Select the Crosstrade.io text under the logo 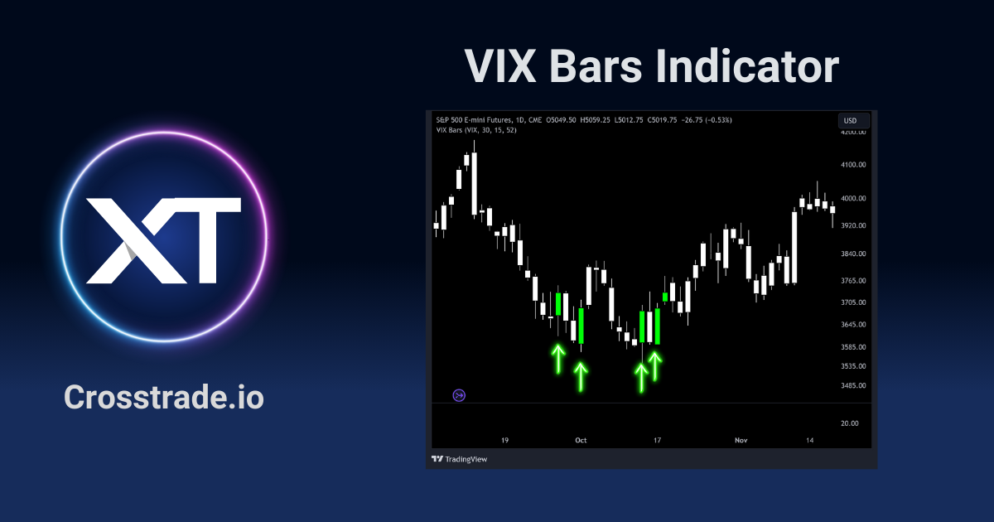pyautogui.click(x=164, y=398)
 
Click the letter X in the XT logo pyautogui.click(x=124, y=240)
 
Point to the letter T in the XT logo pyautogui.click(x=203, y=240)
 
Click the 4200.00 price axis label pyautogui.click(x=852, y=133)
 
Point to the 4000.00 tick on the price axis pyautogui.click(x=852, y=199)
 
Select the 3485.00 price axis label pyautogui.click(x=852, y=386)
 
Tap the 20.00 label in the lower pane pyautogui.click(x=849, y=423)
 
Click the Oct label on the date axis pyautogui.click(x=581, y=441)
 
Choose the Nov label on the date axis pyautogui.click(x=741, y=441)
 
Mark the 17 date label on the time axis pyautogui.click(x=657, y=441)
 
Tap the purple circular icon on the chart pyautogui.click(x=460, y=395)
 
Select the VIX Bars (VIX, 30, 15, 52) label pyautogui.click(x=476, y=130)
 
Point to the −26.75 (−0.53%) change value pyautogui.click(x=704, y=120)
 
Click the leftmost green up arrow pyautogui.click(x=558, y=359)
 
